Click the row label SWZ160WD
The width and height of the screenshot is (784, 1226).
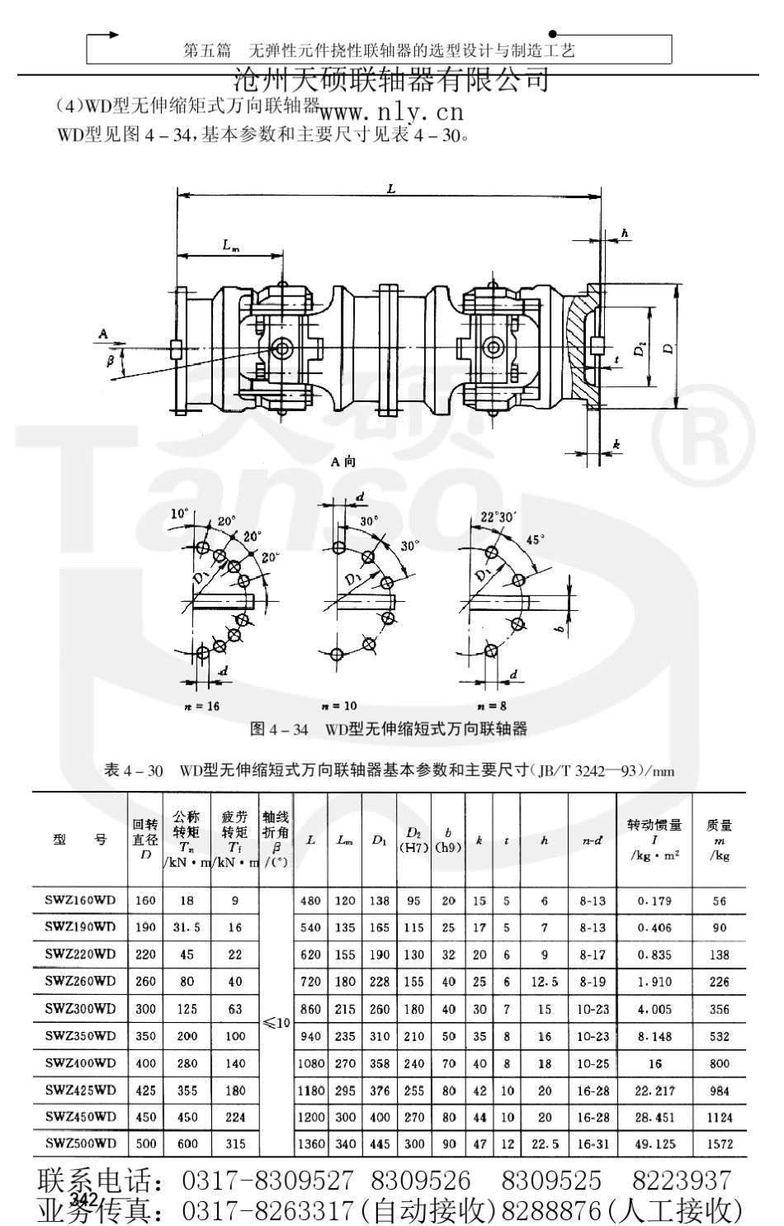[x=80, y=901]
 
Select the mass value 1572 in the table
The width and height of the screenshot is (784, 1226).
[x=719, y=1143]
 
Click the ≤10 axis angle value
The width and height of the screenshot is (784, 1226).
[x=276, y=1022]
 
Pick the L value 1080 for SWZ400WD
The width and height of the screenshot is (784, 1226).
[x=310, y=1063]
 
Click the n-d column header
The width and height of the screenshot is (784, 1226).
[x=592, y=840]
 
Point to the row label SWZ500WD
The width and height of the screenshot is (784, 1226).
[x=80, y=1143]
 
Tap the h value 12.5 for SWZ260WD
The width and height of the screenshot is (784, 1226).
[x=545, y=982]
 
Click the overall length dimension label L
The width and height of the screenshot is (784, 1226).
[x=390, y=188]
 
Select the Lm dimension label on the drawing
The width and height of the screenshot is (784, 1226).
[x=231, y=244]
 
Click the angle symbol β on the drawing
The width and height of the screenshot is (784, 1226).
[x=110, y=361]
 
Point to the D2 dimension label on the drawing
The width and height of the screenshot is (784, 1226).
[x=640, y=350]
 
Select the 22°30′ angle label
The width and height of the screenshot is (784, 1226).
[x=498, y=517]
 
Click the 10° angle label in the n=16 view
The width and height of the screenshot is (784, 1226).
[x=179, y=513]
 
